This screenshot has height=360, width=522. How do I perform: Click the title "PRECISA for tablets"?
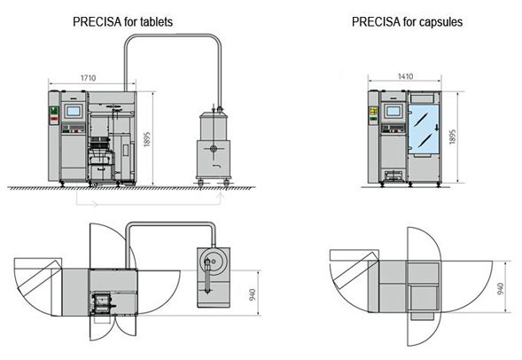tap(122, 22)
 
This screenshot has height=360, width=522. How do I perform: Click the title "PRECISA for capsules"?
tap(407, 22)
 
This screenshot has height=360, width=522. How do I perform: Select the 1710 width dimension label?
tap(89, 78)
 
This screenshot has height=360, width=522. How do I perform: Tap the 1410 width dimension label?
tap(406, 76)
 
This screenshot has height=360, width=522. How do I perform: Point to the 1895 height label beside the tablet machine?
tap(147, 139)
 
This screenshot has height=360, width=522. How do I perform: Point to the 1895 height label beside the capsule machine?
tap(452, 137)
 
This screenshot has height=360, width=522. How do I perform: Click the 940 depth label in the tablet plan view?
tap(253, 294)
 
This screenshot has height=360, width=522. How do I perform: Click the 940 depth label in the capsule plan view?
tap(500, 289)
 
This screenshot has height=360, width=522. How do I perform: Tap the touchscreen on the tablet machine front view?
tap(73, 111)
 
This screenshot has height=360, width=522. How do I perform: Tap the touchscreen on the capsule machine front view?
tap(393, 111)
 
